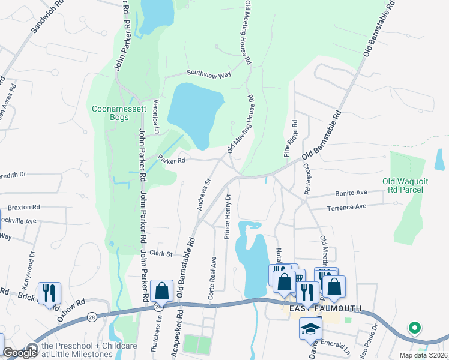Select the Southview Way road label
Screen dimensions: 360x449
208,74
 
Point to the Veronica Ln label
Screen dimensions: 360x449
156,116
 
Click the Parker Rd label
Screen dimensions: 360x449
171,160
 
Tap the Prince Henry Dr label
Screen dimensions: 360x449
228,217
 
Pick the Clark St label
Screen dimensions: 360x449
161,253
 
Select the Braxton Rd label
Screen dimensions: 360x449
23,207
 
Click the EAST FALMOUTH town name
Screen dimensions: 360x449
325,308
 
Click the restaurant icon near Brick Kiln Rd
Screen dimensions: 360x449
49,293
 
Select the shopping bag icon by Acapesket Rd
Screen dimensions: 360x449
161,291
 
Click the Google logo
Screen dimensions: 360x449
20,353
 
